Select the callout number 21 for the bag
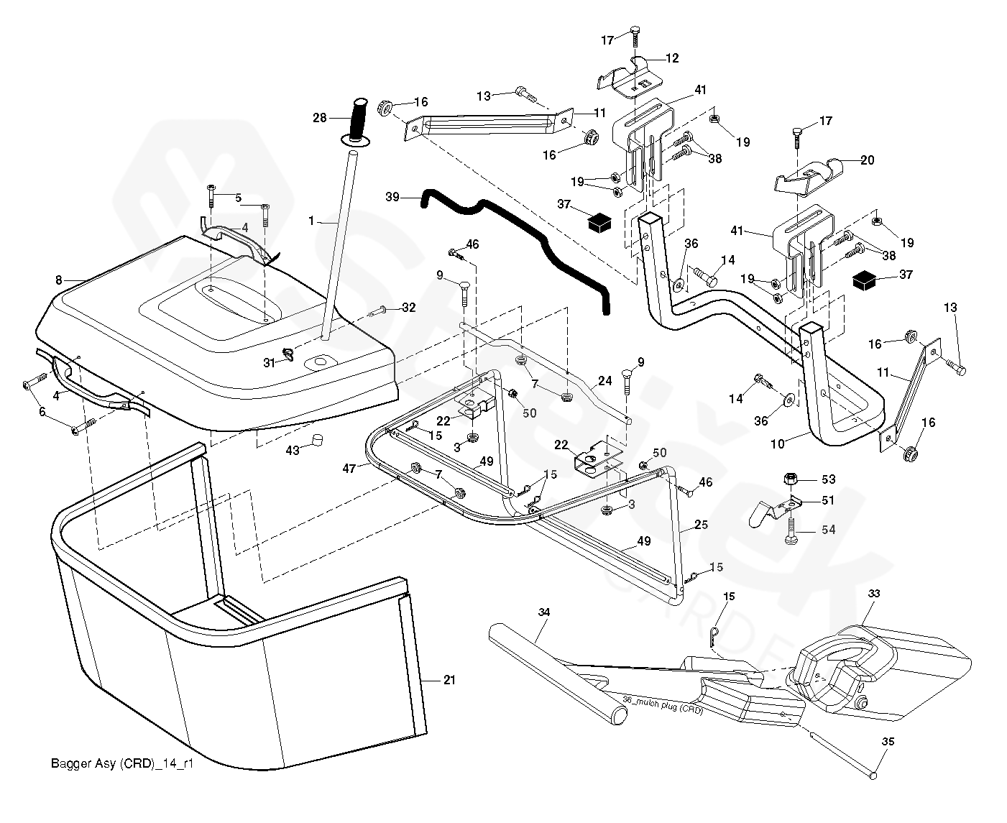tap(449, 680)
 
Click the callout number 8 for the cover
tap(59, 279)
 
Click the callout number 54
tap(829, 529)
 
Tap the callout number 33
tap(873, 594)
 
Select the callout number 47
tap(350, 468)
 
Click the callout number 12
tap(672, 58)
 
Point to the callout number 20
tap(868, 160)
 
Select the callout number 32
tap(408, 308)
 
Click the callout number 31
tap(269, 363)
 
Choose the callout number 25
tap(701, 525)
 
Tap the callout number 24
tap(605, 381)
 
